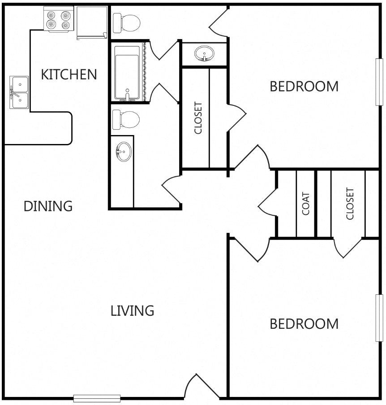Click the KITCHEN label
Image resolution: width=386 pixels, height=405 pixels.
point(69,74)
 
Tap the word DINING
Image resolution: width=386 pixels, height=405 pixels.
point(48,206)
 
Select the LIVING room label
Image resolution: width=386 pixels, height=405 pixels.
point(132,310)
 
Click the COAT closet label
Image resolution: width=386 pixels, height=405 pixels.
point(305,204)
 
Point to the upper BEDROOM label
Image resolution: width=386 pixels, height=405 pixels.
point(304,86)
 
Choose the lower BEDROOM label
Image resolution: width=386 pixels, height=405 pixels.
point(304,324)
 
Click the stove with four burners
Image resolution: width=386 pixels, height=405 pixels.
point(59,19)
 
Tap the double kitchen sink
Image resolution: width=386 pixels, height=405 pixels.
point(19,92)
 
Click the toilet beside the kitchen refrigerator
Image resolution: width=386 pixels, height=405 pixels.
point(126,23)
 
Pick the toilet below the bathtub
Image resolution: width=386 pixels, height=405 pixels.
point(126,119)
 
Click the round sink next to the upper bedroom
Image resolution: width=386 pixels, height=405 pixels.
point(204,53)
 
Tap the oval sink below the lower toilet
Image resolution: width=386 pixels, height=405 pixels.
point(124,151)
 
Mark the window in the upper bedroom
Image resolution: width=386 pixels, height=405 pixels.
point(379,82)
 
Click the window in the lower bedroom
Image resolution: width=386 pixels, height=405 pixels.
point(379,318)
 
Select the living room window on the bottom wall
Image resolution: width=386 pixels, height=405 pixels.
point(97,398)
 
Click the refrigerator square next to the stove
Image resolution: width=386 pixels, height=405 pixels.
point(92,22)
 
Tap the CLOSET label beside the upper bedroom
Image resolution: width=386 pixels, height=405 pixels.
point(198,118)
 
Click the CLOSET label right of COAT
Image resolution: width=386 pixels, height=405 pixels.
point(350,204)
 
